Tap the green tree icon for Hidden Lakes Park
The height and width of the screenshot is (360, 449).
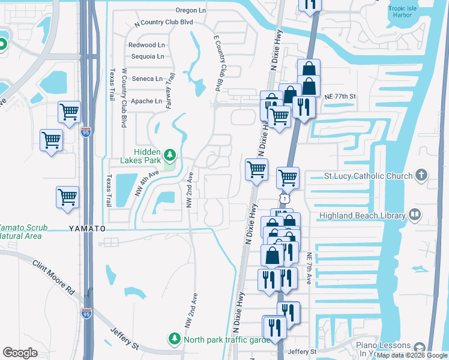(x=170, y=156)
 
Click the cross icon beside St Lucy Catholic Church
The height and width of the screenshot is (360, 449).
(x=421, y=175)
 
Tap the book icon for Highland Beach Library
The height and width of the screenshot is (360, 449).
(x=414, y=215)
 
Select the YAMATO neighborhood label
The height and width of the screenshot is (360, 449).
(x=87, y=229)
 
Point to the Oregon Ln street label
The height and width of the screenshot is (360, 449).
(x=191, y=10)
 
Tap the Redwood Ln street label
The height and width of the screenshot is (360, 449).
(x=146, y=45)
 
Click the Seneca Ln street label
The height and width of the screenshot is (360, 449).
(x=147, y=79)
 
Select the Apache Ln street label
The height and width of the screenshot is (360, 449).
(x=146, y=101)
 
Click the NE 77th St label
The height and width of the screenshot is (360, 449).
(x=340, y=96)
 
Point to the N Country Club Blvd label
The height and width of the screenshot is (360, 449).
(x=164, y=22)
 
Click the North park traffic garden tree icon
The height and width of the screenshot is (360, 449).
(x=175, y=339)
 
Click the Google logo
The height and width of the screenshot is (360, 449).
(x=20, y=353)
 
